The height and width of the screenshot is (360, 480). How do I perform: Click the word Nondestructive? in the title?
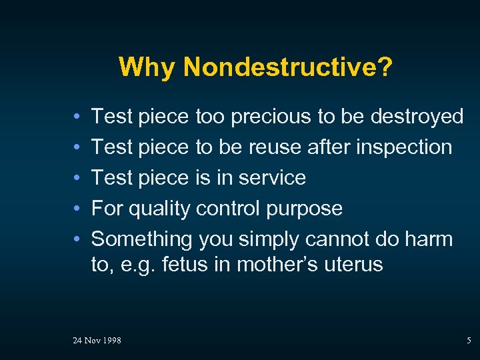[287, 67]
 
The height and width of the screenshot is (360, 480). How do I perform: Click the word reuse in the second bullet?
[273, 147]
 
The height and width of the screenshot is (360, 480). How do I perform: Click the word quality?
[159, 209]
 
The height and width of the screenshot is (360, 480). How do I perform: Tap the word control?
[229, 209]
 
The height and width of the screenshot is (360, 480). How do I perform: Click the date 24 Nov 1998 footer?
[97, 341]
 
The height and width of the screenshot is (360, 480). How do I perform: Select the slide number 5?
[468, 341]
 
